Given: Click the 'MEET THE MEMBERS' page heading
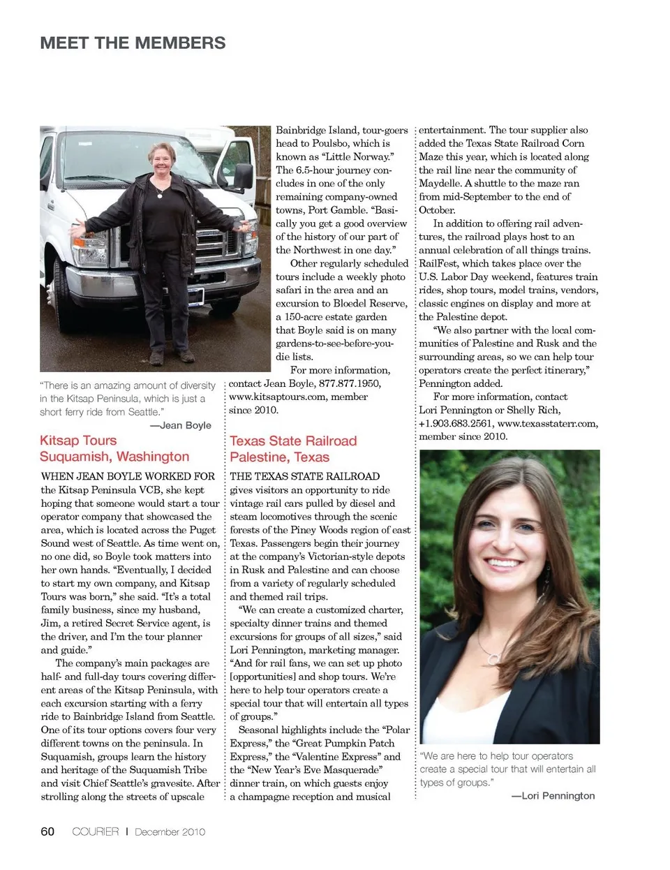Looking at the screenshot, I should [x=133, y=43].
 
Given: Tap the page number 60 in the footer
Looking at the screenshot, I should [x=47, y=831].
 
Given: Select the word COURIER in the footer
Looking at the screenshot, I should [x=96, y=832].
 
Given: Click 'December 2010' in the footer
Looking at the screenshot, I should [x=170, y=832].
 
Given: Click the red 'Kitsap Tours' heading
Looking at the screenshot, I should [x=78, y=441].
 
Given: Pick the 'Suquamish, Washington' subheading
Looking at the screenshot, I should [x=114, y=457].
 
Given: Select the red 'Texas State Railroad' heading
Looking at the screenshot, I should [x=293, y=441].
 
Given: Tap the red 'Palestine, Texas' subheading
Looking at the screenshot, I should [x=279, y=457].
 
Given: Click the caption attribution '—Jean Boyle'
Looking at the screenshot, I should [x=180, y=425].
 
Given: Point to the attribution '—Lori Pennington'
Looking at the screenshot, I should [x=553, y=796].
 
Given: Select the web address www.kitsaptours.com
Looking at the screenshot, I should [x=278, y=397].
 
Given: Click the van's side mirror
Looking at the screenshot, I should [x=244, y=175].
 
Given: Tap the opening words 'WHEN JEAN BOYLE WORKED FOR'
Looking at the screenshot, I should [x=128, y=476].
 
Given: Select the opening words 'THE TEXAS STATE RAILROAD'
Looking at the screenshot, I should [x=305, y=476].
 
